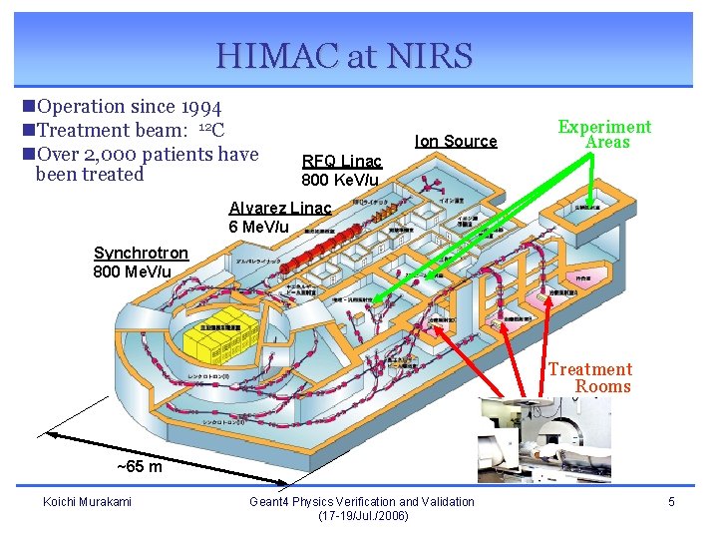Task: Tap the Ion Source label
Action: [x=456, y=141]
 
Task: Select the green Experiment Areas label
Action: [x=604, y=134]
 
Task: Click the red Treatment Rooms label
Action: [x=589, y=377]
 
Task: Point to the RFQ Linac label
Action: [x=341, y=161]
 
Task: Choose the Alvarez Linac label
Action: [x=279, y=208]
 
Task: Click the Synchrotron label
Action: [x=141, y=254]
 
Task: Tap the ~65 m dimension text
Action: [x=140, y=466]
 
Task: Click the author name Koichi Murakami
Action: [x=87, y=501]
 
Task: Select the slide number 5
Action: [x=671, y=501]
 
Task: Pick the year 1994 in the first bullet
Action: [x=201, y=107]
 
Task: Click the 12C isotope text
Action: [x=211, y=130]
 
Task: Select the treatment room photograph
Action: [x=543, y=439]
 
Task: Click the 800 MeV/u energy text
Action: [x=132, y=271]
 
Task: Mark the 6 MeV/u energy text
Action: [x=259, y=226]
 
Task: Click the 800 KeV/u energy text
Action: [x=340, y=180]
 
